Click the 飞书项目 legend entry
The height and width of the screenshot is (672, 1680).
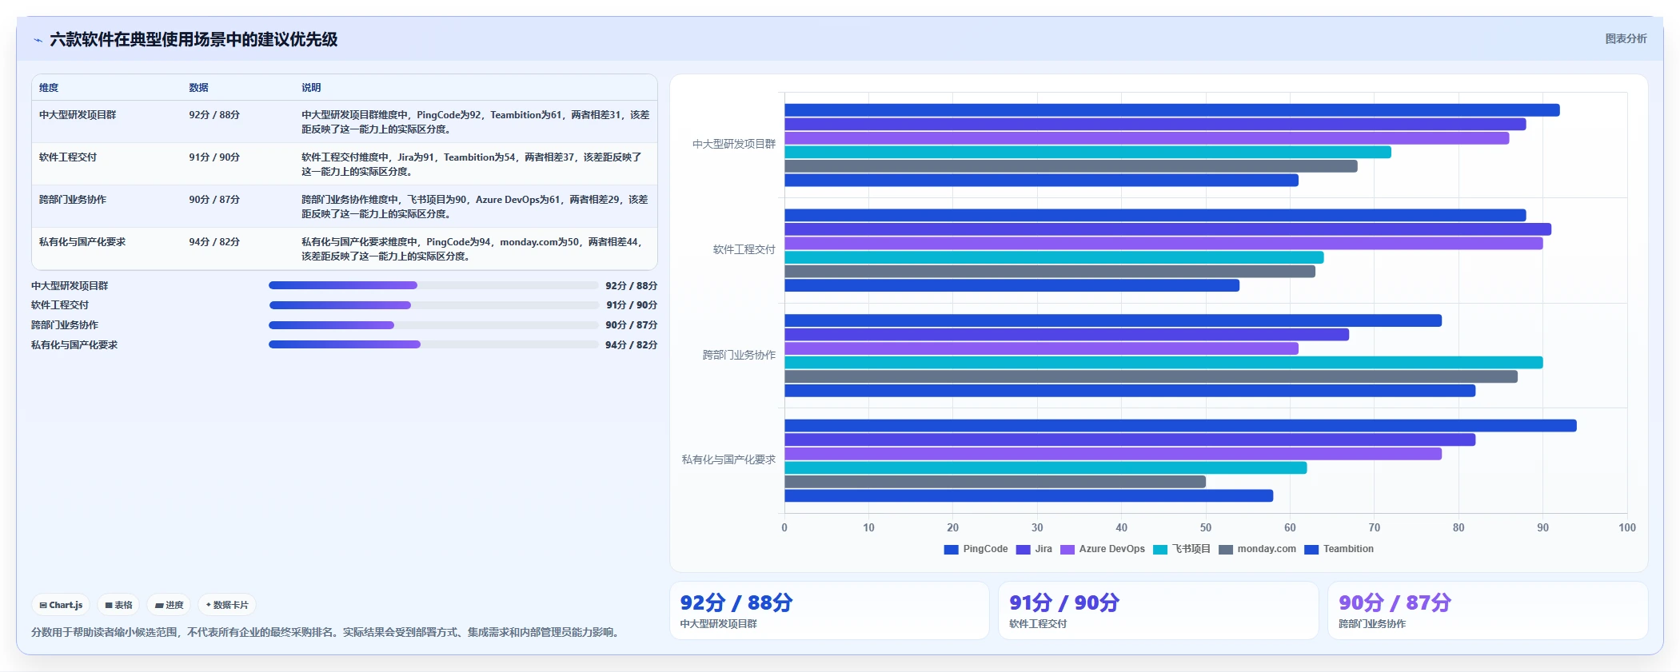click(x=1182, y=549)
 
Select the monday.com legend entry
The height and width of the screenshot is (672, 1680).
click(x=1257, y=549)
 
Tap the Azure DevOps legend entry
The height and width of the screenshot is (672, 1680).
click(x=1103, y=549)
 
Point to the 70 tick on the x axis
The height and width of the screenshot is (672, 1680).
click(x=1374, y=527)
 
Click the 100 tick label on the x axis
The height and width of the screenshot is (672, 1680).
click(x=1626, y=527)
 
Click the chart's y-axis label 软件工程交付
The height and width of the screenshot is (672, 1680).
click(x=744, y=249)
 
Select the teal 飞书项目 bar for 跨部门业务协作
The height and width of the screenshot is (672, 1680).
click(x=1163, y=363)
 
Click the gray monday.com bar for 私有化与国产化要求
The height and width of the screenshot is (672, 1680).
click(x=995, y=482)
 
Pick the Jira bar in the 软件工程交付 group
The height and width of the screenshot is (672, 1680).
click(x=1167, y=229)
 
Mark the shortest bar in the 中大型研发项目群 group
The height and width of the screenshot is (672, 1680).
click(x=1041, y=181)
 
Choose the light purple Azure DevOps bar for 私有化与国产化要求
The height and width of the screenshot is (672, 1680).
click(x=1113, y=454)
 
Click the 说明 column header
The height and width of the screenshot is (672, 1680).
click(x=311, y=88)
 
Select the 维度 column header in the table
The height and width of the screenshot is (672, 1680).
click(x=49, y=88)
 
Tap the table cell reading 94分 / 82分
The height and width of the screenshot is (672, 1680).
click(x=214, y=242)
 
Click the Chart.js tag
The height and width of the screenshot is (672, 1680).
click(x=62, y=605)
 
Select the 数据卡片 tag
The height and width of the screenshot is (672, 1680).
click(x=227, y=605)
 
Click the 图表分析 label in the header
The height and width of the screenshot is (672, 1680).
click(x=1626, y=38)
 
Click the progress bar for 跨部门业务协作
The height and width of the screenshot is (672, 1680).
click(x=433, y=325)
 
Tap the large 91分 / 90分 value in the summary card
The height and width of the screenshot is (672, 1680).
click(x=1064, y=602)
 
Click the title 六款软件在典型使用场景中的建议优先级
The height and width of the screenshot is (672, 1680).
click(x=194, y=39)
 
